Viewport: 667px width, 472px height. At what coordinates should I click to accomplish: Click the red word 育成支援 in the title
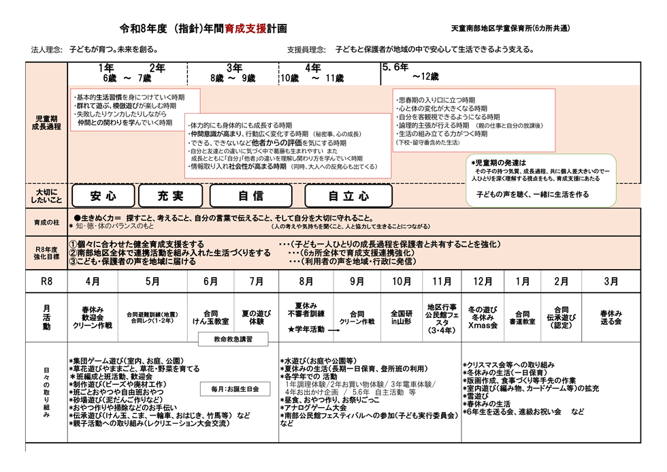click(241, 29)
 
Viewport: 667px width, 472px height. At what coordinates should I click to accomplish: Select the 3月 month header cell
click(611, 281)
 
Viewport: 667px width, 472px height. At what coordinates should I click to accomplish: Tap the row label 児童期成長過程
click(47, 123)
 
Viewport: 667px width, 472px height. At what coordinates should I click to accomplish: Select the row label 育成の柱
click(47, 223)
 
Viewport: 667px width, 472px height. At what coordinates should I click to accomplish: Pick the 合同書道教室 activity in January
click(523, 317)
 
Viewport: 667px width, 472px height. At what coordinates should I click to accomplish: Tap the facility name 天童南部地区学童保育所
click(509, 29)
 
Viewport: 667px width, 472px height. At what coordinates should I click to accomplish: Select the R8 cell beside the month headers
click(47, 281)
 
